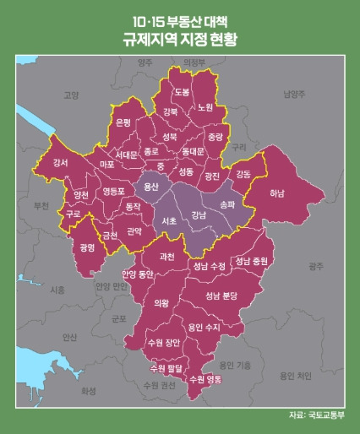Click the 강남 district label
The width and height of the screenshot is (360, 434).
[x=199, y=215]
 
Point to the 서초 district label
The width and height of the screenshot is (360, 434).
[x=168, y=221]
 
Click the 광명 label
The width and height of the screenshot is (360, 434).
[x=85, y=247]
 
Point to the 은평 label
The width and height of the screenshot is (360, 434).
[x=123, y=122]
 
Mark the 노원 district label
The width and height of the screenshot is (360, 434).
[x=205, y=107]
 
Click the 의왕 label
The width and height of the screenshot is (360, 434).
[x=161, y=301]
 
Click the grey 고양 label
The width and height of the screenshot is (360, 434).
[x=71, y=95]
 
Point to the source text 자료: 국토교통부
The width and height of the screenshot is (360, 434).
[x=312, y=415]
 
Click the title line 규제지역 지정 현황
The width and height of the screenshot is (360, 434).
[x=180, y=39]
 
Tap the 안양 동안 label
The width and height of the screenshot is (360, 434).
[x=138, y=274]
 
